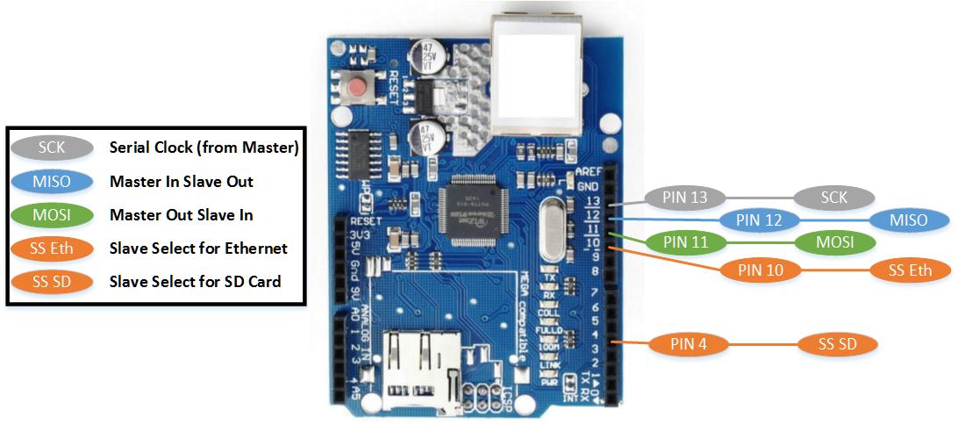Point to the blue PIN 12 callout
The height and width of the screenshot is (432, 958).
click(760, 220)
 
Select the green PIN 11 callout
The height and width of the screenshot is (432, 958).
click(685, 241)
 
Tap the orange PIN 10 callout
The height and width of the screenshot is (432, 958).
click(761, 270)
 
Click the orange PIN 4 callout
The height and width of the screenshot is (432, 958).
click(689, 344)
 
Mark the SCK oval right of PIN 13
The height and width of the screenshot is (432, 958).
click(834, 198)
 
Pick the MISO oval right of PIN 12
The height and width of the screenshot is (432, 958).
click(910, 220)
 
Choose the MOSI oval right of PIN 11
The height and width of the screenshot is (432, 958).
click(835, 241)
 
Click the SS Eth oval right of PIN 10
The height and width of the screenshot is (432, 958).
click(910, 270)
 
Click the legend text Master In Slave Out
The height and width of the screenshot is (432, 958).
click(182, 182)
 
